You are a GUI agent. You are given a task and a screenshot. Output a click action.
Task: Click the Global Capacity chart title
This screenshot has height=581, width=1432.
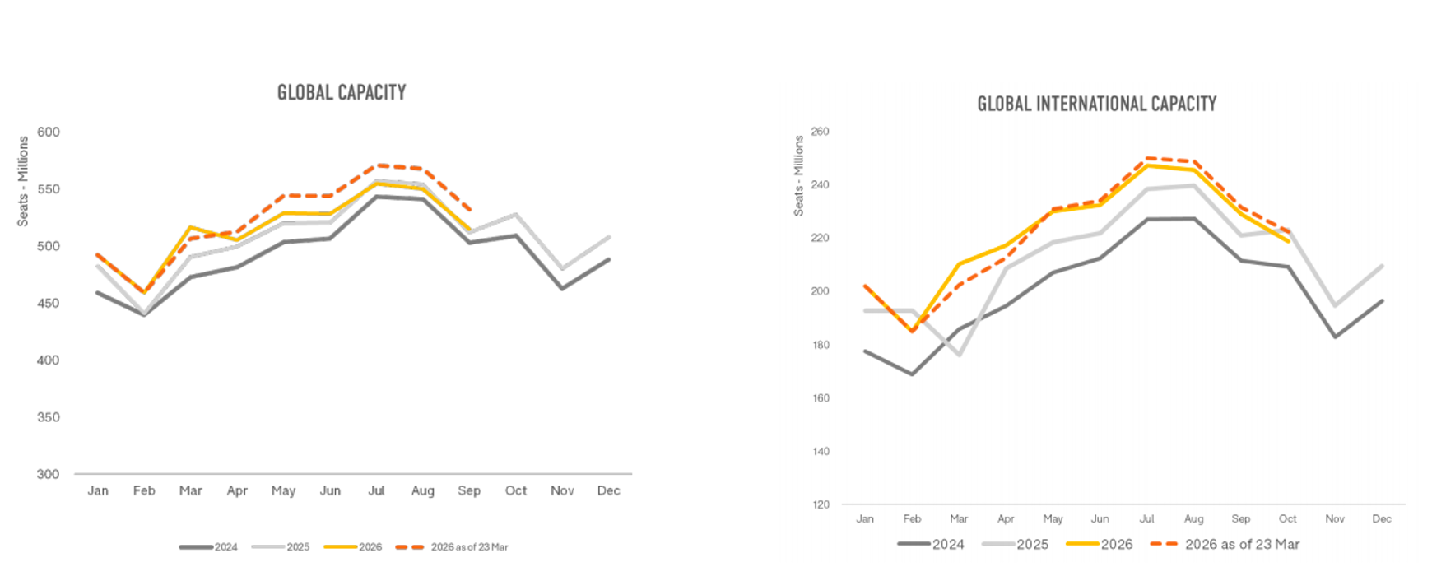tap(342, 92)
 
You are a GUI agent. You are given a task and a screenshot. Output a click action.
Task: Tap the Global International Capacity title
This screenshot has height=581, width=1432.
tap(1096, 104)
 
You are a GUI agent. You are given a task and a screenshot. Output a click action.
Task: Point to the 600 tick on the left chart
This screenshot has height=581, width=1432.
tap(49, 132)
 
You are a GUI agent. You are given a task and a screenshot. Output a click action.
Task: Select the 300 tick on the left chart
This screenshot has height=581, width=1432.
tap(49, 474)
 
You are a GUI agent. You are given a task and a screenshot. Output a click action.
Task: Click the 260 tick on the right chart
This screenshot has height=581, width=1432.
tap(820, 132)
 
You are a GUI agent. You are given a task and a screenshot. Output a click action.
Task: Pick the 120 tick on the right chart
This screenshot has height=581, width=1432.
tap(821, 504)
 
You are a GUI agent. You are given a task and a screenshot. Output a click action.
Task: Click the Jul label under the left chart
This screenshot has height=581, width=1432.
tap(376, 490)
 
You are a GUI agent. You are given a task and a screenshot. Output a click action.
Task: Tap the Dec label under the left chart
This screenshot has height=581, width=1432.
tap(608, 490)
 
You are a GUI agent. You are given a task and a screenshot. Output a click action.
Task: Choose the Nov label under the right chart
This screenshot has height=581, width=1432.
tap(1335, 518)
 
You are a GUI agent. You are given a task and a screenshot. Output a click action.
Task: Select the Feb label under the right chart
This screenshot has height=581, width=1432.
tap(912, 518)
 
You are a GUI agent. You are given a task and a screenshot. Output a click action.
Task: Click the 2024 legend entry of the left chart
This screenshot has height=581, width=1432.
tap(209, 547)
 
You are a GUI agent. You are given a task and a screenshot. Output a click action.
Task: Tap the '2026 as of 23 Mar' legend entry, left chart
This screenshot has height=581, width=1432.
tap(453, 547)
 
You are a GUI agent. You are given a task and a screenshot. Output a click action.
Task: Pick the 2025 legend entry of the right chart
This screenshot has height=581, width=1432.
tap(1016, 544)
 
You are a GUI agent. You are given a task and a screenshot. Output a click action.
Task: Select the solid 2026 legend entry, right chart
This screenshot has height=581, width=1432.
tap(1100, 544)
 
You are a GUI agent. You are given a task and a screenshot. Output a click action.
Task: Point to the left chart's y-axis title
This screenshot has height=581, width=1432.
tap(23, 181)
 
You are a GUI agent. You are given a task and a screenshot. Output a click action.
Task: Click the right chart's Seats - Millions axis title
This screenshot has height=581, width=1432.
tap(798, 175)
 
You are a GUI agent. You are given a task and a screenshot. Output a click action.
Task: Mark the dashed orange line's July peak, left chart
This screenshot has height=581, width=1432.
tap(378, 165)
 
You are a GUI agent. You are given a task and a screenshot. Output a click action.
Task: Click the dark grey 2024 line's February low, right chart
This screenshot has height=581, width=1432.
tap(912, 374)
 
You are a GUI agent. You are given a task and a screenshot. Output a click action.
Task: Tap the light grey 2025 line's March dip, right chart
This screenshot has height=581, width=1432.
tap(959, 355)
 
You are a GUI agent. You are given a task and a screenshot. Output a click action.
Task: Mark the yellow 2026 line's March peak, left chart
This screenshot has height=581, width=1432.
tap(191, 227)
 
